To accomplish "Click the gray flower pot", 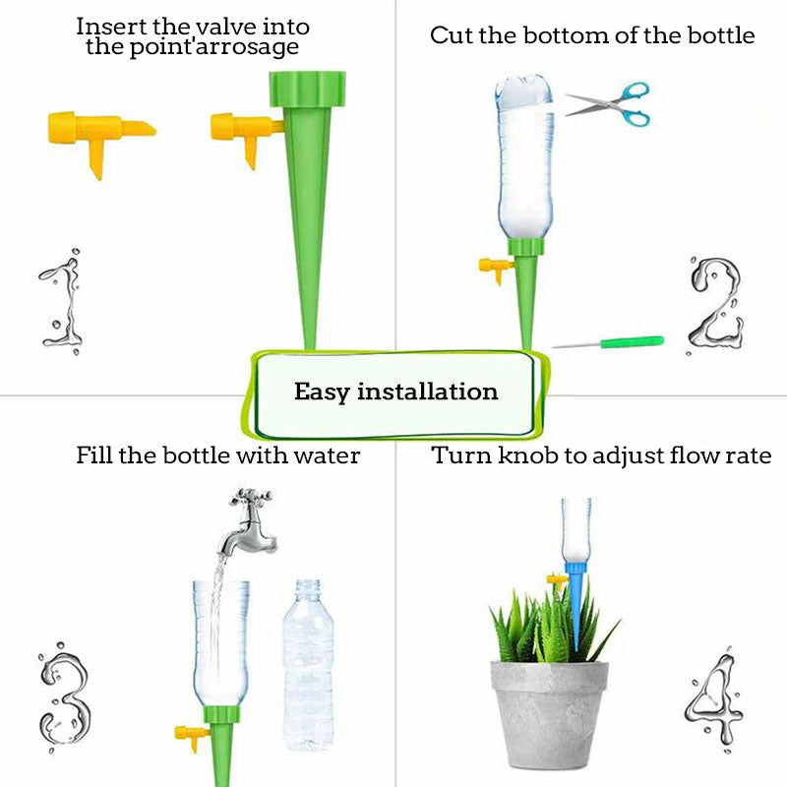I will pos(550,713).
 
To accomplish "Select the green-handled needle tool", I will pos(610,342).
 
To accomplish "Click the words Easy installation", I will pos(395,392).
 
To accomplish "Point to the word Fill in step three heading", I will pos(94,455).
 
